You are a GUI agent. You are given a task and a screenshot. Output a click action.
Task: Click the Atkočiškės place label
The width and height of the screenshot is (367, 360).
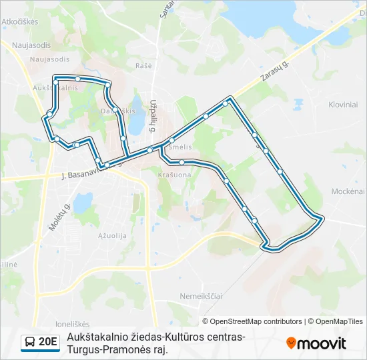tap(20, 21)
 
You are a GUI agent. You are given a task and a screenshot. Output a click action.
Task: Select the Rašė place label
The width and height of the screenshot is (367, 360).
tap(144, 65)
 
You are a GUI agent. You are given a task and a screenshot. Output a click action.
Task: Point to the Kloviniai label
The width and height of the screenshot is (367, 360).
tap(343, 105)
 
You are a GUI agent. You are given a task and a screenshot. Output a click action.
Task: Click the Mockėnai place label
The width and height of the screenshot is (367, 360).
tap(348, 191)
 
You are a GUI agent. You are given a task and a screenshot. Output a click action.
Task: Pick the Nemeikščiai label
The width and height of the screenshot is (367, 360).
tap(200, 295)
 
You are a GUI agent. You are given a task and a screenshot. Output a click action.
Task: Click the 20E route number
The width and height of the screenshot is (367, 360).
tap(48, 341)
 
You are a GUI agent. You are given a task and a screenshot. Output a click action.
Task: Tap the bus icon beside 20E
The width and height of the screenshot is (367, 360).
tap(30, 342)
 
